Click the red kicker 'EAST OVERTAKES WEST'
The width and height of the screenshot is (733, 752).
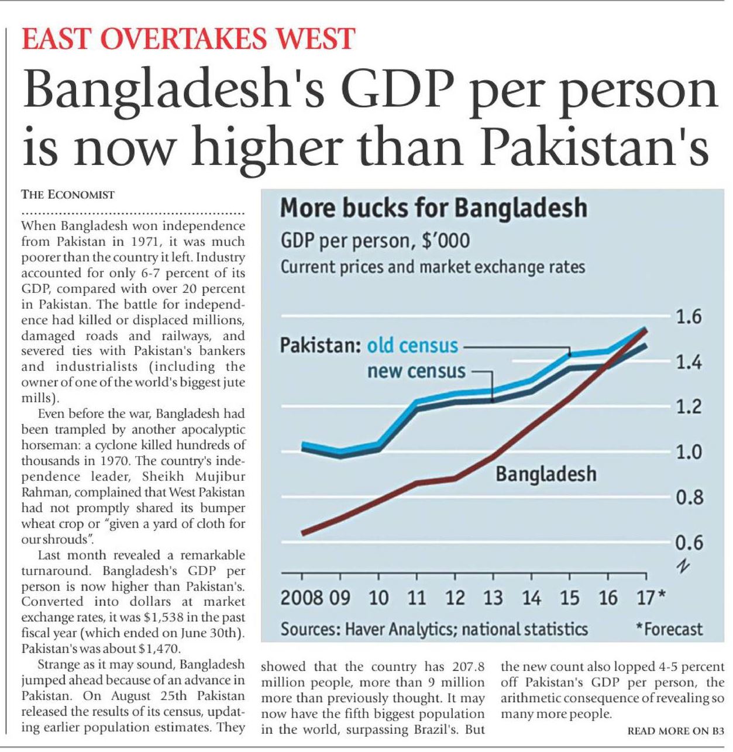coord(188,39)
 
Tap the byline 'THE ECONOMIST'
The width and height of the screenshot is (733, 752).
coord(68,195)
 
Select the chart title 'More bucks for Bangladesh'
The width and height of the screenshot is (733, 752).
coord(433,208)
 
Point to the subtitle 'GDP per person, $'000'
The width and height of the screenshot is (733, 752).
coord(374,240)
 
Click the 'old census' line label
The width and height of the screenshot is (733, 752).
coord(412,346)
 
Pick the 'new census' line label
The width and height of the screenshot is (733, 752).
coord(416,371)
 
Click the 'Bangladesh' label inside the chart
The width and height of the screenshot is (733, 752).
coord(546,474)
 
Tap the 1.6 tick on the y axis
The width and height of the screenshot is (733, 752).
coord(688,318)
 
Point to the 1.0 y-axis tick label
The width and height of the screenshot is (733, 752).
coord(688,452)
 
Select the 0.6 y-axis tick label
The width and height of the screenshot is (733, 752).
coord(688,543)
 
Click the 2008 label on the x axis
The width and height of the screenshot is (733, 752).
coord(301,598)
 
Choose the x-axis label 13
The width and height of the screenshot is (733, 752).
coord(493,598)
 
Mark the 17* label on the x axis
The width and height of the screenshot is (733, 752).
coord(650,598)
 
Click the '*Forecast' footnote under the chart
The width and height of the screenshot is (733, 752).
coord(669,629)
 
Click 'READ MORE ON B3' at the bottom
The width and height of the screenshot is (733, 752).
coord(675,731)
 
